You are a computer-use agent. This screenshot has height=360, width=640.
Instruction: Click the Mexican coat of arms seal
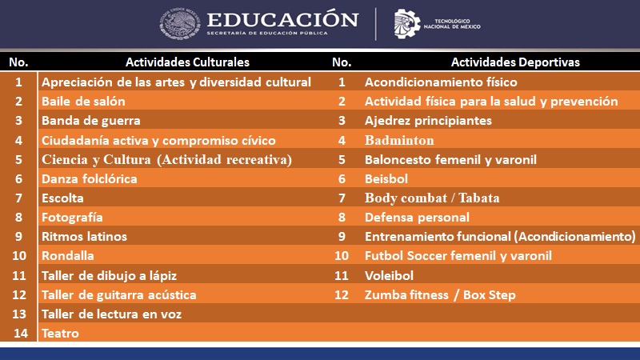pos(179,24)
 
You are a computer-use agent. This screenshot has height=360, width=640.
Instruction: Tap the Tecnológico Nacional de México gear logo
pos(406,24)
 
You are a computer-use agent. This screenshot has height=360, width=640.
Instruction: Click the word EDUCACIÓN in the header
pos(282,19)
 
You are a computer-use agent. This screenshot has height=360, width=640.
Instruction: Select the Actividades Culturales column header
pos(187,62)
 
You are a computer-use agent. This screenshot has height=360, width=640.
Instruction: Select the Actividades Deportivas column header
pos(515,62)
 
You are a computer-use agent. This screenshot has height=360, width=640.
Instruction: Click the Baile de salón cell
pos(83,102)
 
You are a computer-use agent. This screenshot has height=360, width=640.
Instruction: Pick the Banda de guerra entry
pos(91,121)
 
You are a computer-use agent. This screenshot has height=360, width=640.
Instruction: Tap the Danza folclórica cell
pos(90,178)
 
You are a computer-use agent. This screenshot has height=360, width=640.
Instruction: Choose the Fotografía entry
pos(72,218)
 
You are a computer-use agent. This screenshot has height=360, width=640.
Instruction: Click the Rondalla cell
pos(68,256)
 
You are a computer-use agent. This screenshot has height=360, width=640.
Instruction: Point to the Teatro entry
pos(60,334)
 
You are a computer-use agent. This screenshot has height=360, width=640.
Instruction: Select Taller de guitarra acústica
pos(118,295)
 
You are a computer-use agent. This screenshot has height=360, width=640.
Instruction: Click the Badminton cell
pos(399,141)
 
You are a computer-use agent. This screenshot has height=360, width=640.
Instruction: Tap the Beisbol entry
pos(386,178)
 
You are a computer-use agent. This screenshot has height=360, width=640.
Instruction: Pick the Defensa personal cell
pos(417,218)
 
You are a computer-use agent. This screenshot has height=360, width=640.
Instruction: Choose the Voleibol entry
pos(389,275)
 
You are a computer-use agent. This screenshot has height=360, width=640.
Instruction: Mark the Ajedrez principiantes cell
pos(428,121)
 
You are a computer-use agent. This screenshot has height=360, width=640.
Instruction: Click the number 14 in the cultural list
pos(21,334)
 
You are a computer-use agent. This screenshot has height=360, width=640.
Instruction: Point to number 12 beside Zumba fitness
pos(342,295)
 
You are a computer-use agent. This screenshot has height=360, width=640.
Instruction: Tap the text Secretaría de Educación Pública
pos(267,33)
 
